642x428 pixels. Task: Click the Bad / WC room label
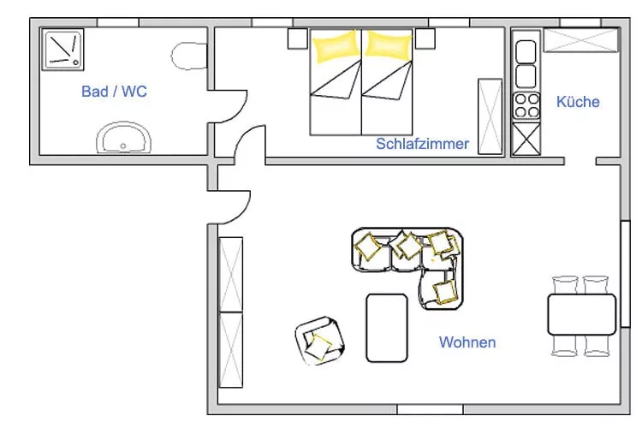click(114, 92)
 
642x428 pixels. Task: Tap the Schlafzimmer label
click(422, 144)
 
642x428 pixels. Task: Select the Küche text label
click(578, 102)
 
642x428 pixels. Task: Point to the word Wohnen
click(467, 342)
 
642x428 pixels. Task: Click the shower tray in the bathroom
click(62, 50)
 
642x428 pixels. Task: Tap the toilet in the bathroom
click(189, 56)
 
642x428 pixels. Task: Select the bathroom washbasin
click(123, 138)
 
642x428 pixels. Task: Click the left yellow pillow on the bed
click(336, 46)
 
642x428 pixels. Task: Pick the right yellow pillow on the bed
click(388, 45)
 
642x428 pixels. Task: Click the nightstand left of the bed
click(298, 39)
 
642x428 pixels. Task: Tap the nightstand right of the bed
click(425, 39)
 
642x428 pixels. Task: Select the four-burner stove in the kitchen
click(526, 105)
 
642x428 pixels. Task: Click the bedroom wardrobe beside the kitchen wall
click(490, 116)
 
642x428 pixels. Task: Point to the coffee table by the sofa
click(387, 328)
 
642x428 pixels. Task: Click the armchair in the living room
click(320, 341)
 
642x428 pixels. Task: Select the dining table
click(582, 314)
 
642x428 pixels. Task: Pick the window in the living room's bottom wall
click(430, 409)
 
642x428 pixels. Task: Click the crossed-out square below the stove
click(526, 140)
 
